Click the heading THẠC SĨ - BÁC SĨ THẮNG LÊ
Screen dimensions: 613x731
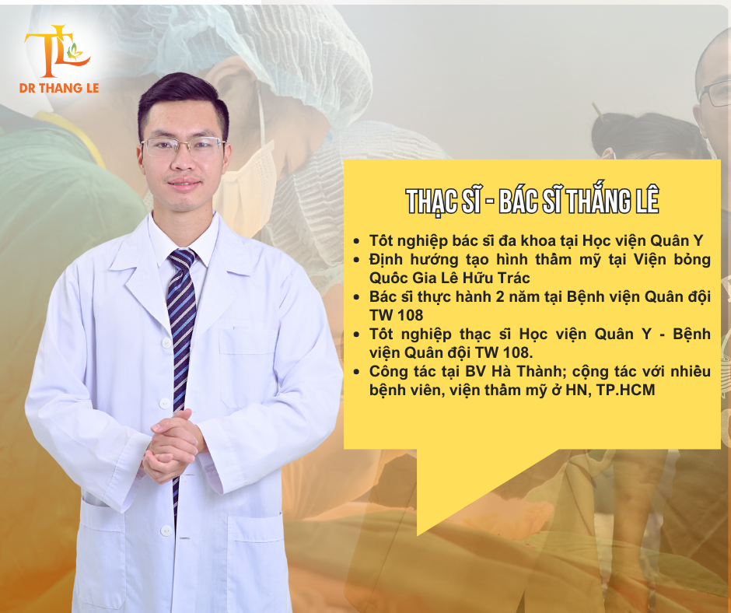coord(533,201)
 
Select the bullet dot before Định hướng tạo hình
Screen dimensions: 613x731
coord(357,261)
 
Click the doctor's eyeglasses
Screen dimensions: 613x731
coord(184,148)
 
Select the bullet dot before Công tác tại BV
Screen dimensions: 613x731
coord(357,372)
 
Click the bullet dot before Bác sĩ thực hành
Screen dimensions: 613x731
coord(357,297)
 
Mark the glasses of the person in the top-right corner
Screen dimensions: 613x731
coord(714,93)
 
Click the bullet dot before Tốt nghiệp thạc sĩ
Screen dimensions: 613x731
coord(357,335)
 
